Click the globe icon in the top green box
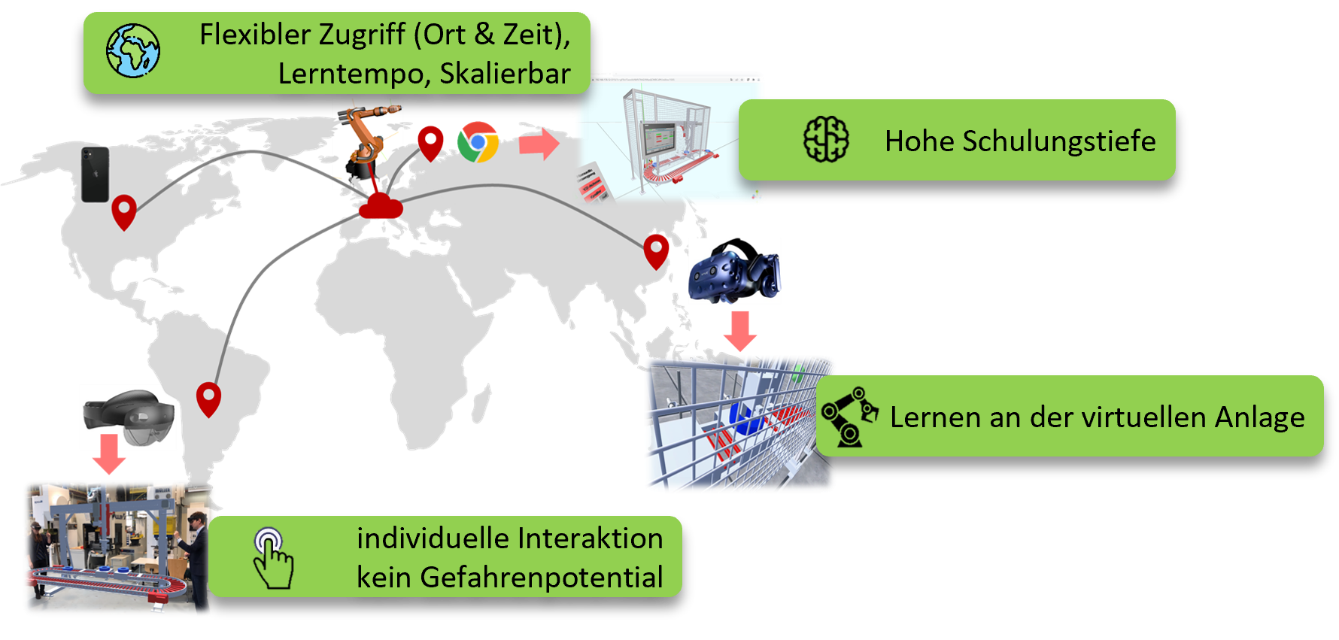click(x=133, y=50)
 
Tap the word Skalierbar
click(x=505, y=74)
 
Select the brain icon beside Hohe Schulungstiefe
click(x=826, y=139)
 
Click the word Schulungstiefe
click(x=1058, y=141)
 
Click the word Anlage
click(x=1259, y=417)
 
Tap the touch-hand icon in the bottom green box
click(x=273, y=558)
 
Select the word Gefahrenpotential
click(x=542, y=578)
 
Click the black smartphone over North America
click(x=96, y=174)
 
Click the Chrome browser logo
click(x=478, y=142)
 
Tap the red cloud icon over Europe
click(x=381, y=206)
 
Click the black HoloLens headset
click(x=129, y=417)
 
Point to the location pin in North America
click(x=124, y=212)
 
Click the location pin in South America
click(x=208, y=399)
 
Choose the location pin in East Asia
click(x=656, y=252)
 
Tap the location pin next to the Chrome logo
click(x=430, y=144)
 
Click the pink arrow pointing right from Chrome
click(x=539, y=143)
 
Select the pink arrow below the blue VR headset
click(x=741, y=331)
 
